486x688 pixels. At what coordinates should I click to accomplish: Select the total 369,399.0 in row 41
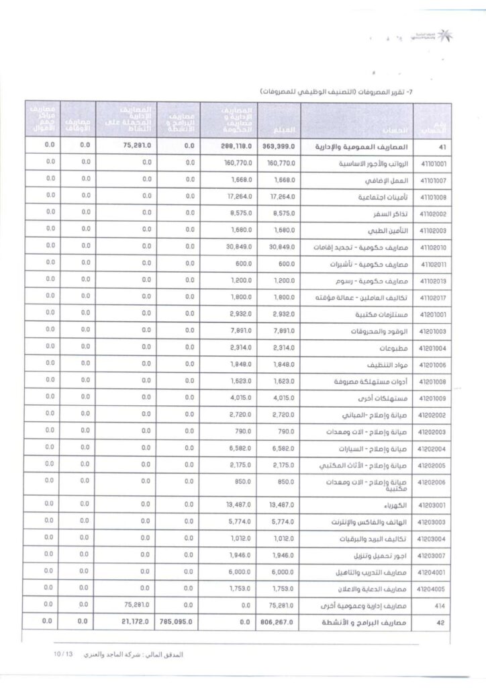tap(277, 146)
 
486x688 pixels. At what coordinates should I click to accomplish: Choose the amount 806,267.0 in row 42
tap(277, 623)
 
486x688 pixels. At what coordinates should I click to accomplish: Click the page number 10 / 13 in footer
tap(65, 654)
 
